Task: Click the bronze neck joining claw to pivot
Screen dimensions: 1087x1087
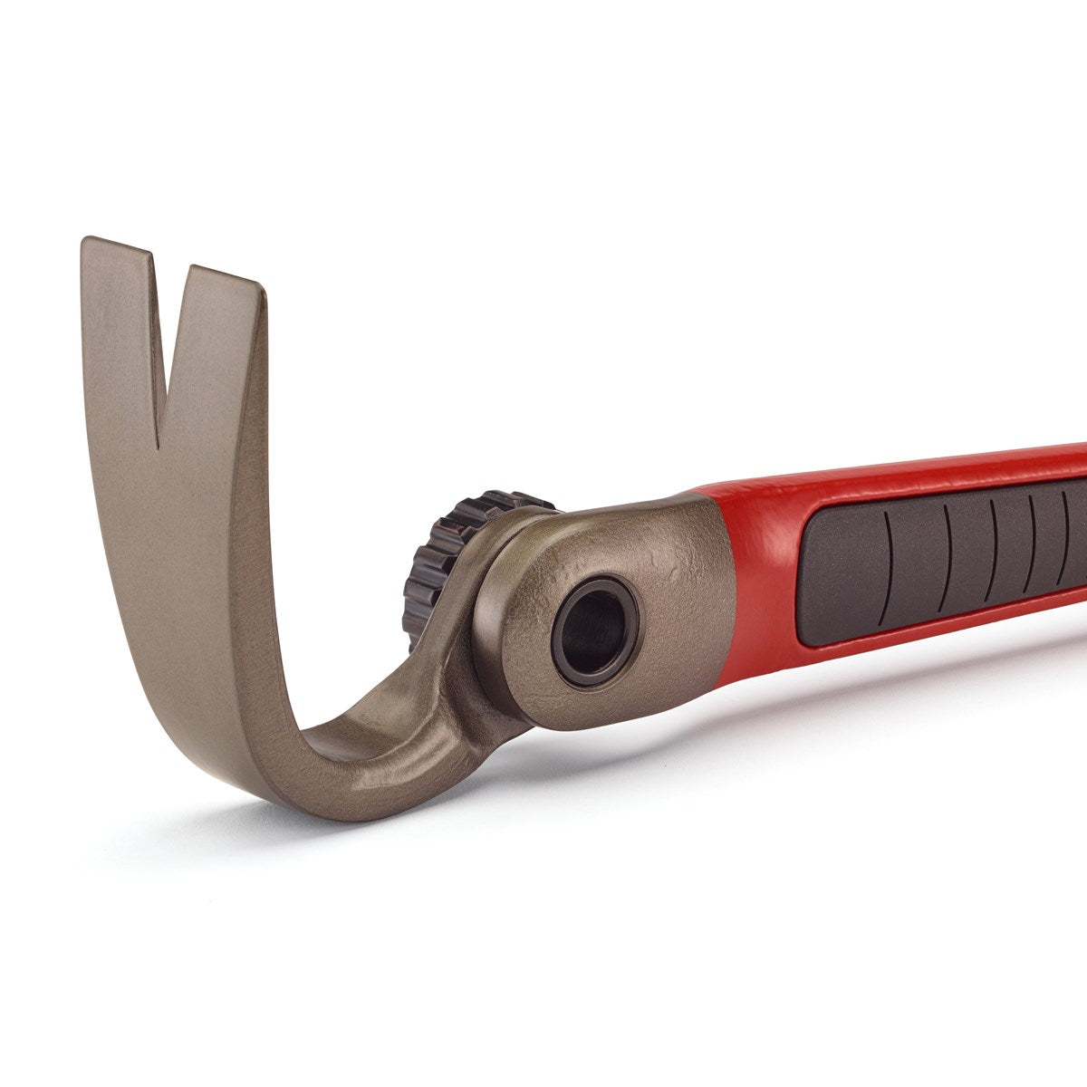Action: (x=408, y=734)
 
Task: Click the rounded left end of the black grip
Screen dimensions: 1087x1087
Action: (x=811, y=580)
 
